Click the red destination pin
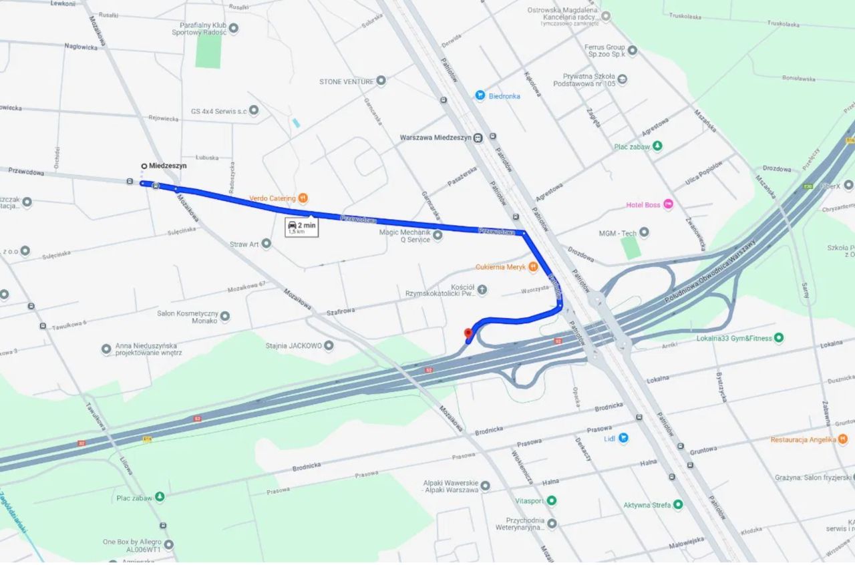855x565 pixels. click(x=468, y=333)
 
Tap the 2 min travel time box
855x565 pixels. click(x=302, y=228)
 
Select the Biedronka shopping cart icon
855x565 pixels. click(x=480, y=96)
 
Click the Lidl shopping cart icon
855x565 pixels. click(x=623, y=438)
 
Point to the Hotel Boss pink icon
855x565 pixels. click(x=668, y=204)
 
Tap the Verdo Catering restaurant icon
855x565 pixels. click(x=303, y=198)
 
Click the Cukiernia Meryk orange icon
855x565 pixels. click(x=532, y=267)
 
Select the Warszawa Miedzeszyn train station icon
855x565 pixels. click(x=478, y=138)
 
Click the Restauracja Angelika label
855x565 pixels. click(x=803, y=439)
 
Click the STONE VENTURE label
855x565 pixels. click(x=346, y=81)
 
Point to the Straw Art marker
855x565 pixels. click(x=266, y=244)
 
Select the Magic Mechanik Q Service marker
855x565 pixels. click(x=438, y=235)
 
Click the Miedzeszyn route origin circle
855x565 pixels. click(x=144, y=166)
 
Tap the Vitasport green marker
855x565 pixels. click(x=551, y=500)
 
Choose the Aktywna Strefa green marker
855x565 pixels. click(x=678, y=505)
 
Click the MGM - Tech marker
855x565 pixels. click(x=644, y=232)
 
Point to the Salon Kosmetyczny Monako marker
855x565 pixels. click(x=225, y=316)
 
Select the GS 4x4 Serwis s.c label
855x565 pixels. click(x=218, y=111)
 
